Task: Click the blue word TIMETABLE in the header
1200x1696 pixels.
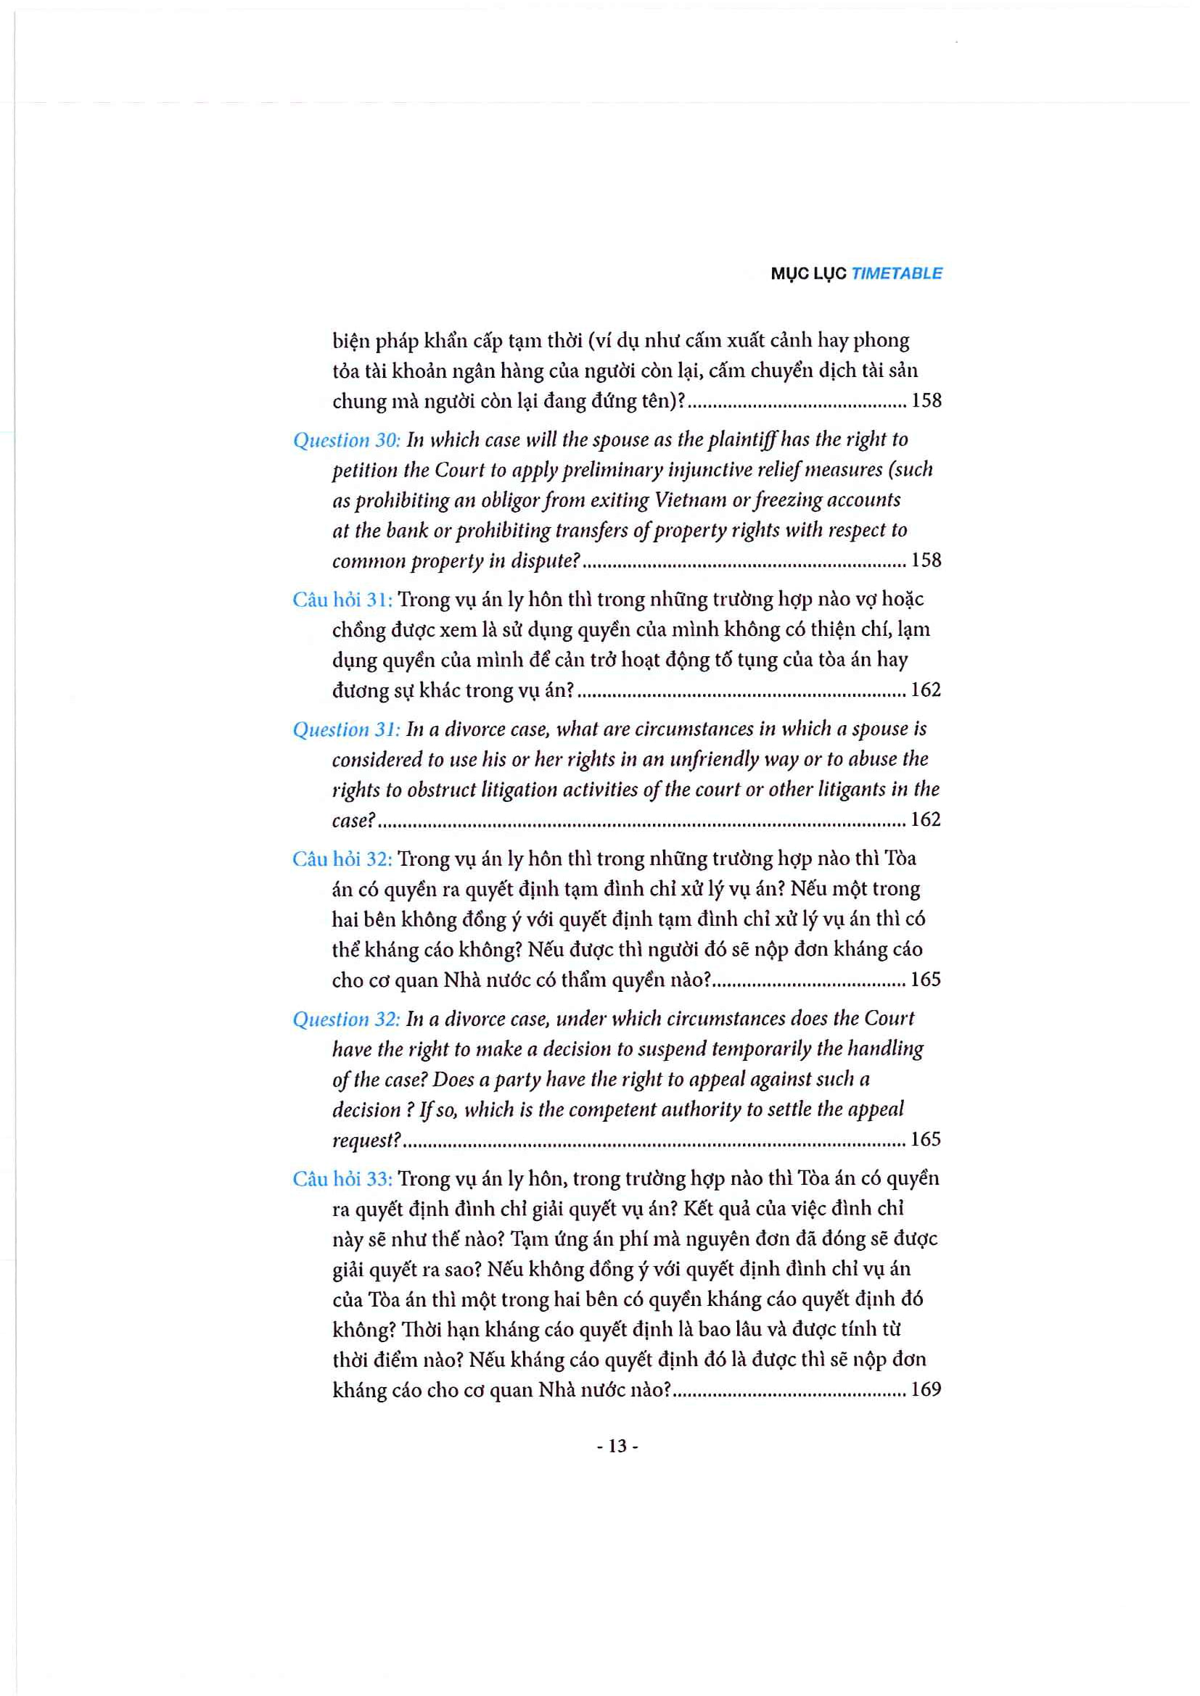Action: [x=896, y=273]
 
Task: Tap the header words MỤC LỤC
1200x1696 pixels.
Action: [x=807, y=273]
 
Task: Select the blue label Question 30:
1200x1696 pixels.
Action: [x=347, y=440]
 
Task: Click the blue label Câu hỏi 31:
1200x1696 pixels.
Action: [x=342, y=599]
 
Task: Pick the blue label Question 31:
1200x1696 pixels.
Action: [x=347, y=730]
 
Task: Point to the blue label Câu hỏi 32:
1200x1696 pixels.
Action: [x=342, y=859]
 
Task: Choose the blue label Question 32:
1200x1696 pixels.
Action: [x=347, y=1019]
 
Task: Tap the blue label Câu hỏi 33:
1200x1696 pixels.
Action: [x=342, y=1179]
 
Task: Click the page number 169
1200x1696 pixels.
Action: [x=925, y=1389]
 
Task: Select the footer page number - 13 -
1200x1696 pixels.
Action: [x=617, y=1447]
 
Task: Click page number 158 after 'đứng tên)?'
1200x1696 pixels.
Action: [x=926, y=400]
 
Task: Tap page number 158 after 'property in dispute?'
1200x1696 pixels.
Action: [x=926, y=560]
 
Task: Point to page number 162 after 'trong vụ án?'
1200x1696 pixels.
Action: [x=925, y=690]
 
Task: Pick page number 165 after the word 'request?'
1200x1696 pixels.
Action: [x=925, y=1139]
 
